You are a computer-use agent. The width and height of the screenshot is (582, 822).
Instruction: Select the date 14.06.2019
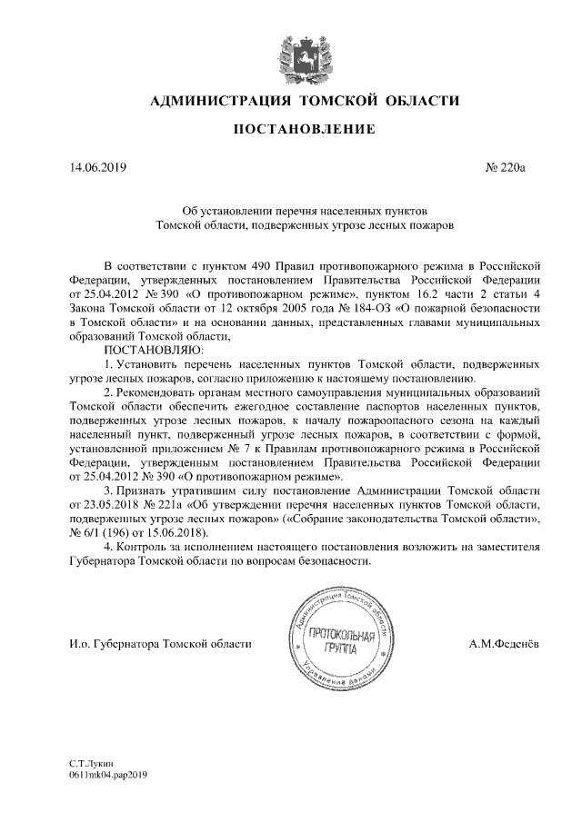[98, 168]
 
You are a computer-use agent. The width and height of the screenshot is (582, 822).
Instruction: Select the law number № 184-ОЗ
[366, 308]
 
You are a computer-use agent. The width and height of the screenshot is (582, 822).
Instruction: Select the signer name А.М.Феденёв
[503, 644]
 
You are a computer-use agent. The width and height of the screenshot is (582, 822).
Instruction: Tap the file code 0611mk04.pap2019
[107, 777]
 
